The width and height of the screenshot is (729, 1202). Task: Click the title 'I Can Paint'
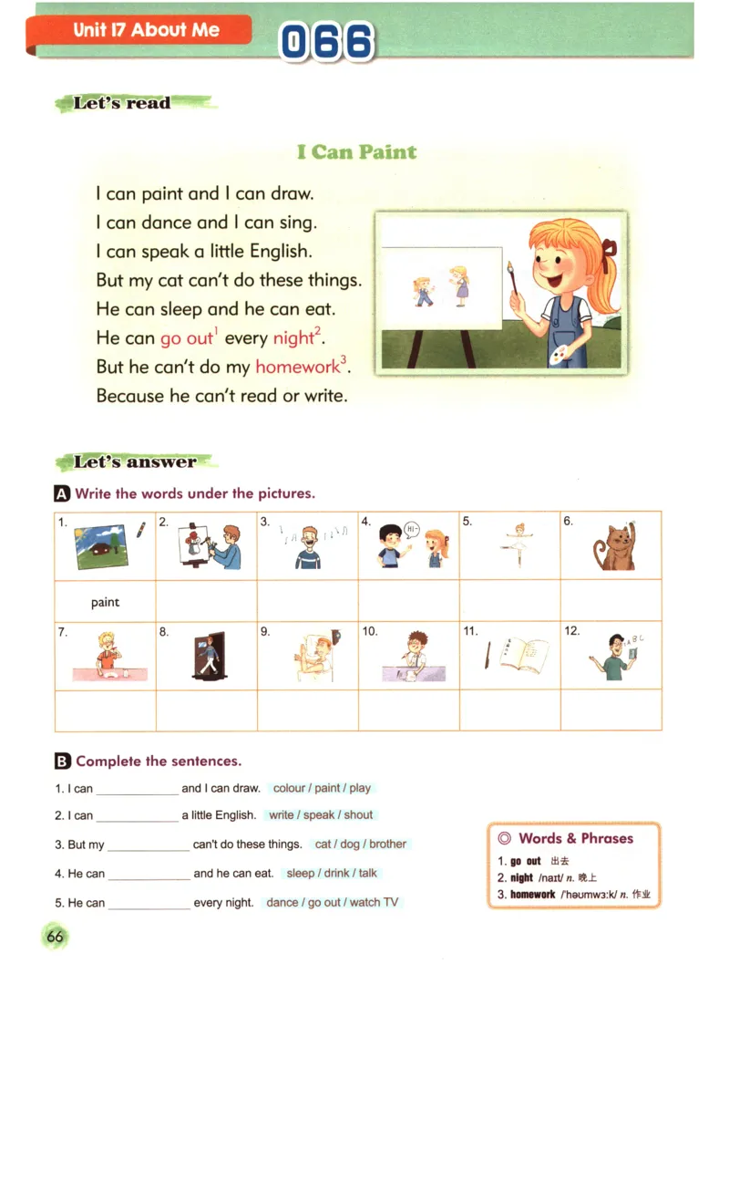(356, 151)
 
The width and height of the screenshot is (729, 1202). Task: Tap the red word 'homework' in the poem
(297, 367)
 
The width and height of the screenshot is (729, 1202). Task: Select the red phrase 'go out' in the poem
(186, 338)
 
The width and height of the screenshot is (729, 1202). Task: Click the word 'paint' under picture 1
(105, 602)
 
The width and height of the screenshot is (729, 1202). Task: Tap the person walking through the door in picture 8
(205, 655)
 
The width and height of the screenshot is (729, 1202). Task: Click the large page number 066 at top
(326, 42)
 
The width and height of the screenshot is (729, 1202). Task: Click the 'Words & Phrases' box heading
(575, 838)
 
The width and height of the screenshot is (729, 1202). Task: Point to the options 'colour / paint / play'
(322, 788)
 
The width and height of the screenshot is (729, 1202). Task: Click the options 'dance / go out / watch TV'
(332, 902)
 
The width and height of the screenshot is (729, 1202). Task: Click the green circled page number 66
(55, 937)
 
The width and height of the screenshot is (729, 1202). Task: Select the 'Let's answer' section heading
(135, 462)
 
